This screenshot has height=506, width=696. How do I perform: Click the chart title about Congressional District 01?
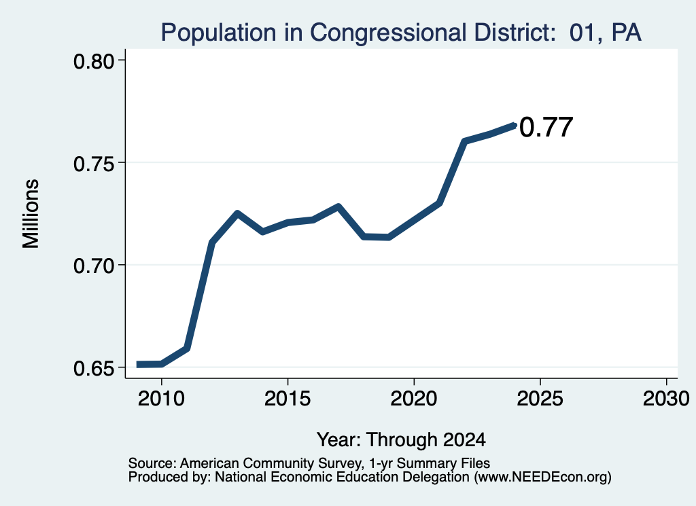[x=401, y=33]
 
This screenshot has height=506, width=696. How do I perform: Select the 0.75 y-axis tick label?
[x=94, y=164]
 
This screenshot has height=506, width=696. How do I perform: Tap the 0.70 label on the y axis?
[x=94, y=266]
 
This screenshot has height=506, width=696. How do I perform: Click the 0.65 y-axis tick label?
[x=94, y=369]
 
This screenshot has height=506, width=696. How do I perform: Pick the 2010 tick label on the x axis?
[x=161, y=398]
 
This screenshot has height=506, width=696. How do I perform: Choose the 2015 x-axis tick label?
[x=288, y=398]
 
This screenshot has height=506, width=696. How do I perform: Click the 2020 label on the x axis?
[x=414, y=398]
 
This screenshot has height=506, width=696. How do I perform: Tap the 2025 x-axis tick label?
[x=540, y=398]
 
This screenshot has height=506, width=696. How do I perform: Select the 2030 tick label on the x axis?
[x=666, y=398]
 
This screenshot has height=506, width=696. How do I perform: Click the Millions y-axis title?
[x=31, y=214]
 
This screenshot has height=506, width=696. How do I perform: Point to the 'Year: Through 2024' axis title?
[x=401, y=440]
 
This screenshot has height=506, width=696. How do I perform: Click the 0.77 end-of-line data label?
[x=546, y=127]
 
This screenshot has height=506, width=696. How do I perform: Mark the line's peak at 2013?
[x=237, y=213]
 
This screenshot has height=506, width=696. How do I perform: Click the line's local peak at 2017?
[x=338, y=206]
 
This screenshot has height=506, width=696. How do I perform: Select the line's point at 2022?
[x=464, y=141]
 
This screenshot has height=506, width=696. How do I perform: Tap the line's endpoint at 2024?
[x=515, y=126]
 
